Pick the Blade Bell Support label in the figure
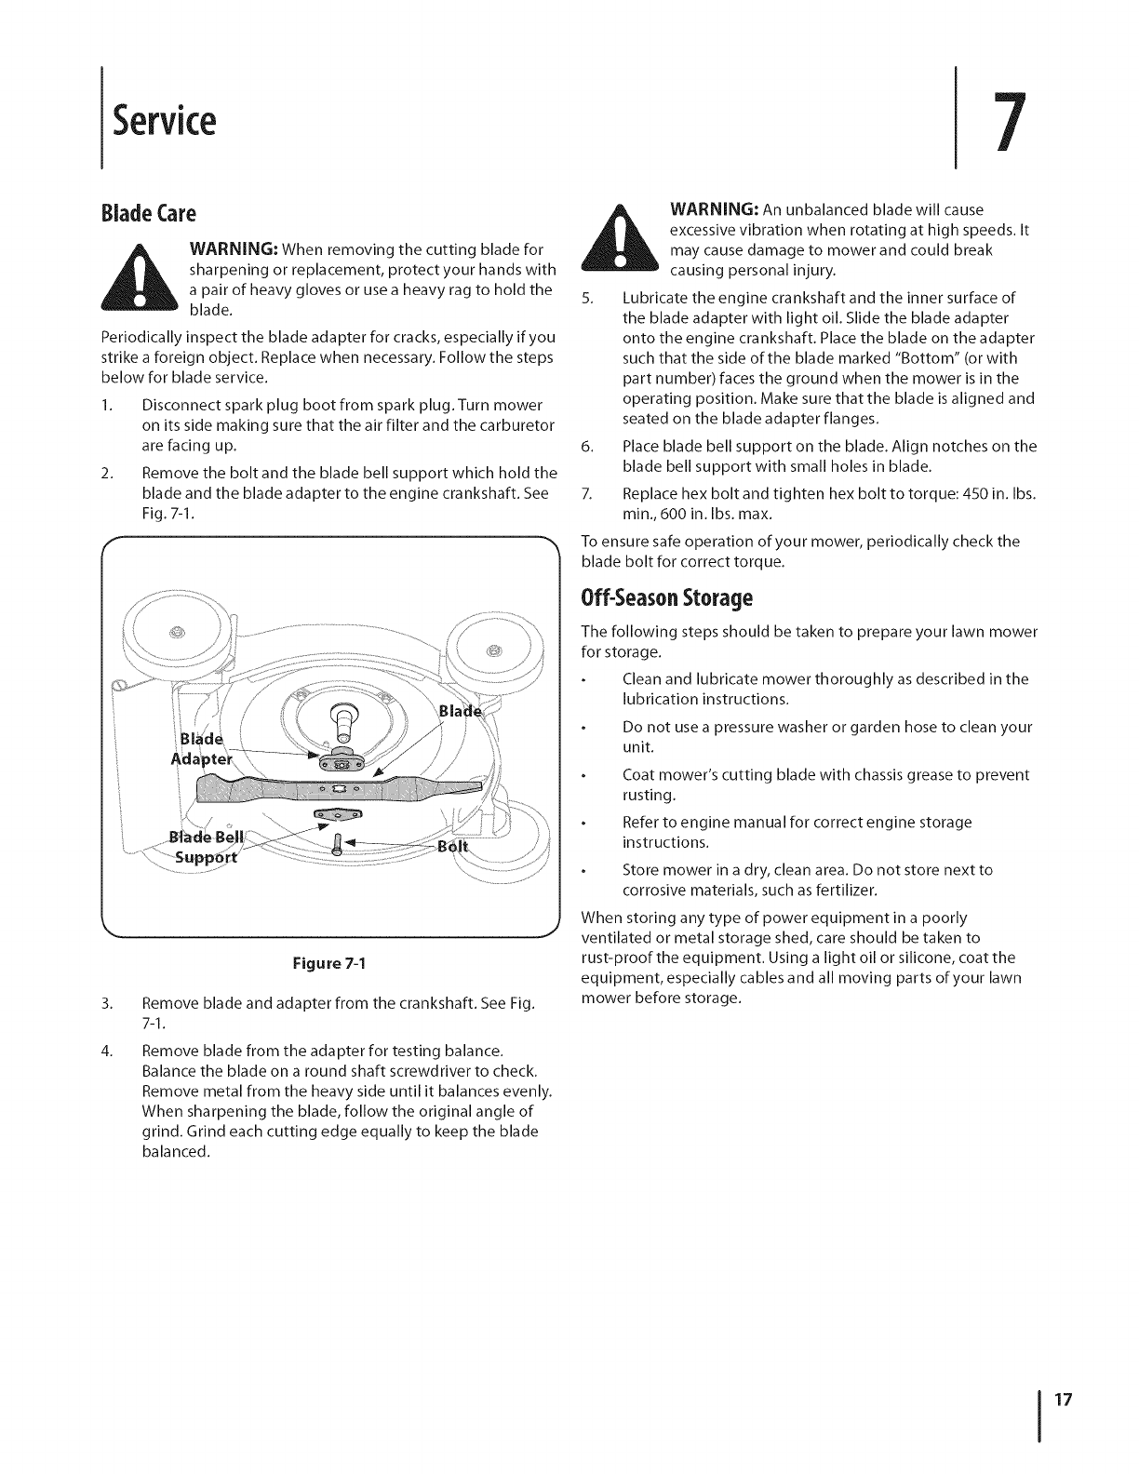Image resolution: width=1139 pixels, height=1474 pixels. tap(207, 844)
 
